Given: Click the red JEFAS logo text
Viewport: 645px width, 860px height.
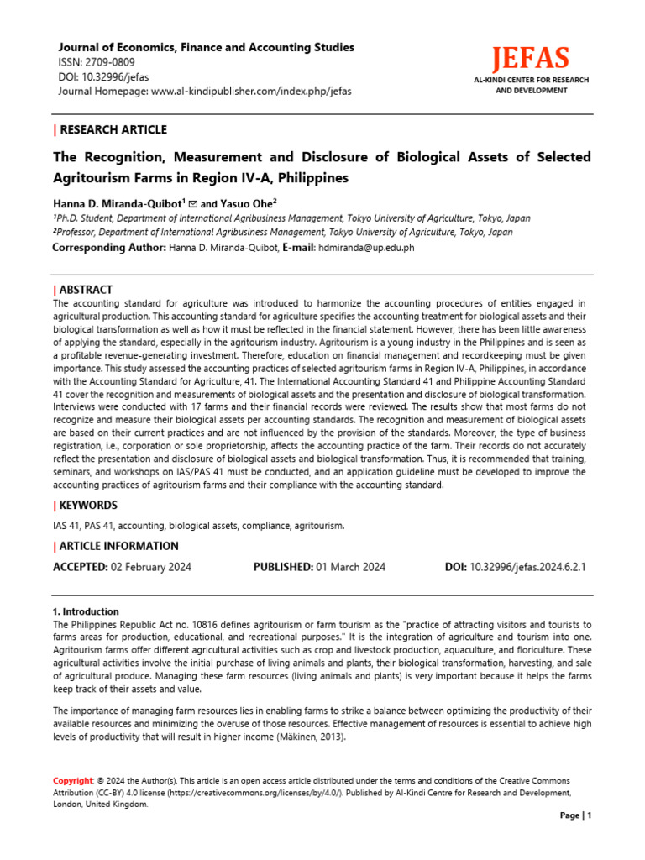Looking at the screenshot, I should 530,59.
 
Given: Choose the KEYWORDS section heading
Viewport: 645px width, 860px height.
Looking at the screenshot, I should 87,506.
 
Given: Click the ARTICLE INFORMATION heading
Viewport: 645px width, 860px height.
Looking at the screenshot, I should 118,546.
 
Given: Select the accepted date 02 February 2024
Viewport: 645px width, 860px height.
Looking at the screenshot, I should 151,567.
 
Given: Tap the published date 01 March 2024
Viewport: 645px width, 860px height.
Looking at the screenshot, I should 351,567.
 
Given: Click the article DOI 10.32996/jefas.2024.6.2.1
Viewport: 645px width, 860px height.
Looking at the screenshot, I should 527,567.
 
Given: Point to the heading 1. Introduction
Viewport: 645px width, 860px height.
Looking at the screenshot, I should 86,611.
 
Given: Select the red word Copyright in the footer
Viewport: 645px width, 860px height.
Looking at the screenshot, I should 73,781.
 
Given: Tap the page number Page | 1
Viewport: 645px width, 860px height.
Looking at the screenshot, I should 576,815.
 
